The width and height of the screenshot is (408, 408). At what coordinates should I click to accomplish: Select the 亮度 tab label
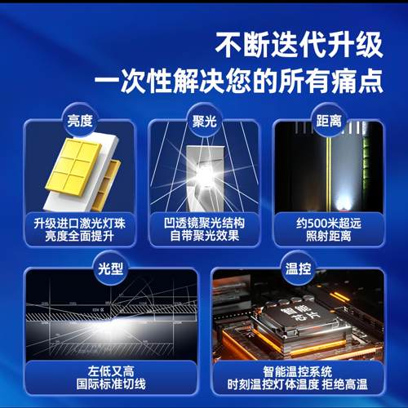click(80, 120)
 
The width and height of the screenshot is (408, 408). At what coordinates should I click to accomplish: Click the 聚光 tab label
click(204, 120)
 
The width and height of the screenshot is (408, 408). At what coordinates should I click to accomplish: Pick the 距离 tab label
click(327, 120)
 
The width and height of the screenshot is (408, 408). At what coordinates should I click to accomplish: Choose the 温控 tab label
click(298, 267)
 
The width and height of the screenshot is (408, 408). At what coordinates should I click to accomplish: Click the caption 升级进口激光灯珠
click(79, 223)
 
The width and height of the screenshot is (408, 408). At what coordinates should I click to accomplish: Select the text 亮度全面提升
click(79, 237)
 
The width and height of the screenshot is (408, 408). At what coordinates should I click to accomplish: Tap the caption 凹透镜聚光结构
click(204, 223)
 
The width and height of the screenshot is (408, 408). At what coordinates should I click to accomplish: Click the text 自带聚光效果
click(204, 237)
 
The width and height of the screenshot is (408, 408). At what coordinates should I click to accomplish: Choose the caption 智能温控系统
click(298, 368)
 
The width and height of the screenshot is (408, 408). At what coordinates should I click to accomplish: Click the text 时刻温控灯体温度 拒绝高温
click(298, 382)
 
